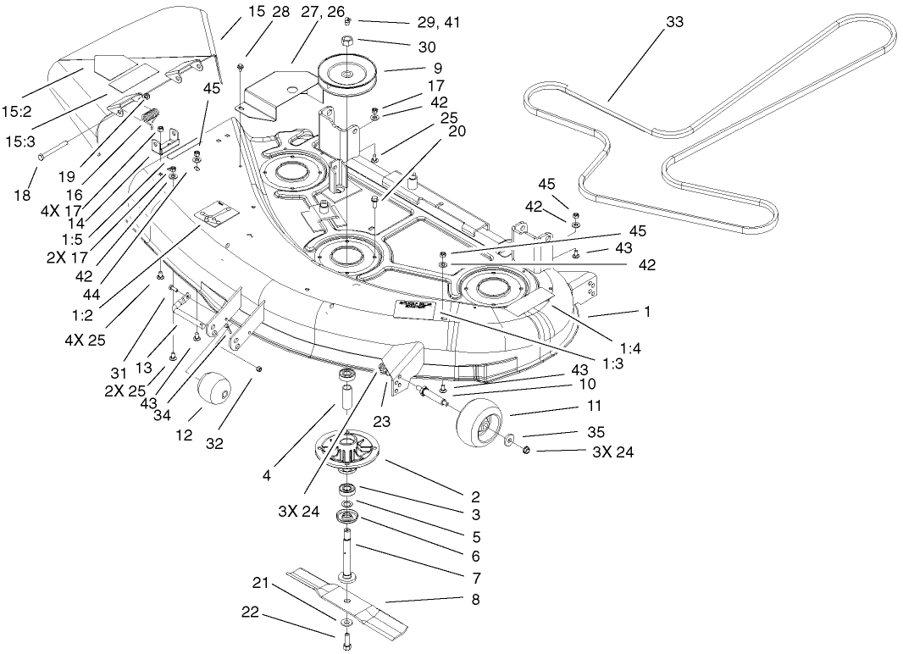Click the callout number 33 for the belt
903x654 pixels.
point(674,23)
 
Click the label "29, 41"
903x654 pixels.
point(440,21)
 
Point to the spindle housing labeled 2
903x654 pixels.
point(349,449)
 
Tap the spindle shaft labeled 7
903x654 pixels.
point(349,551)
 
